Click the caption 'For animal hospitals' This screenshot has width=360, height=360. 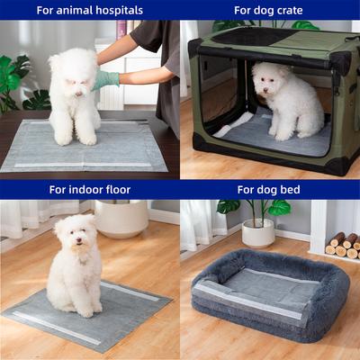(89, 11)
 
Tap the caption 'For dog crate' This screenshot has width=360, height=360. (270, 11)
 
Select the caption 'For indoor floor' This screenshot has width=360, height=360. (89, 190)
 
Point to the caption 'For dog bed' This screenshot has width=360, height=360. (270, 190)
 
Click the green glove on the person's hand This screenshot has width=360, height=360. (106, 80)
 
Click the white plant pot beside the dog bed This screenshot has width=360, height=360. (258, 233)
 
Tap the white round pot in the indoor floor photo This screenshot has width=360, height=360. (121, 219)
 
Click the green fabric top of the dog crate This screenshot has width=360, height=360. (270, 41)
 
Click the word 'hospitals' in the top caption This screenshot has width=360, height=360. (116, 11)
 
